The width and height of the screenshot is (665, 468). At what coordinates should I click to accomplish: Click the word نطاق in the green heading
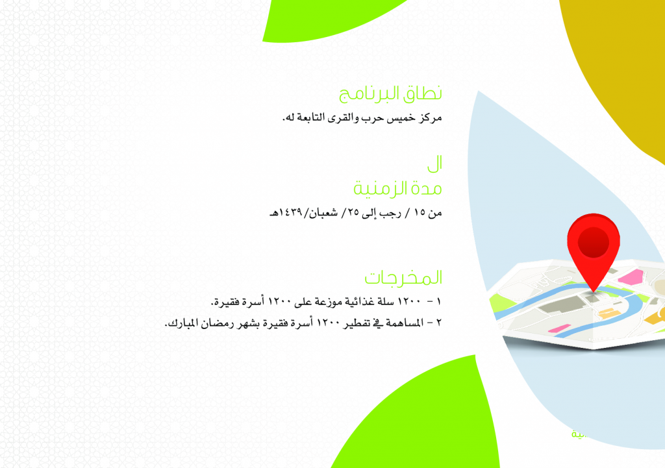pyautogui.click(x=422, y=93)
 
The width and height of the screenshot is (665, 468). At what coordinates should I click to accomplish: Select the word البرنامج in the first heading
pyautogui.click(x=370, y=94)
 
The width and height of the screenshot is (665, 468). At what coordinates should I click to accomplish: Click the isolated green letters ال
pyautogui.click(x=434, y=164)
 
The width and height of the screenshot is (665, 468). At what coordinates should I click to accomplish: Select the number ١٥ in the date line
pyautogui.click(x=420, y=212)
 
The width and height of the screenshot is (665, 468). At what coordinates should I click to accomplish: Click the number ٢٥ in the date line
pyautogui.click(x=355, y=212)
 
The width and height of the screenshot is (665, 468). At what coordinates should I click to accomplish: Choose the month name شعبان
pyautogui.click(x=323, y=213)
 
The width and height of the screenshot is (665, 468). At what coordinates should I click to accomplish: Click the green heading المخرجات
pyautogui.click(x=403, y=278)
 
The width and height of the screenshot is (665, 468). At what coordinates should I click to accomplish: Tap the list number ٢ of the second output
pyautogui.click(x=439, y=323)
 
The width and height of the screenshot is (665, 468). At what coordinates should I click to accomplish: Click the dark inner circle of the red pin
pyautogui.click(x=594, y=243)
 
